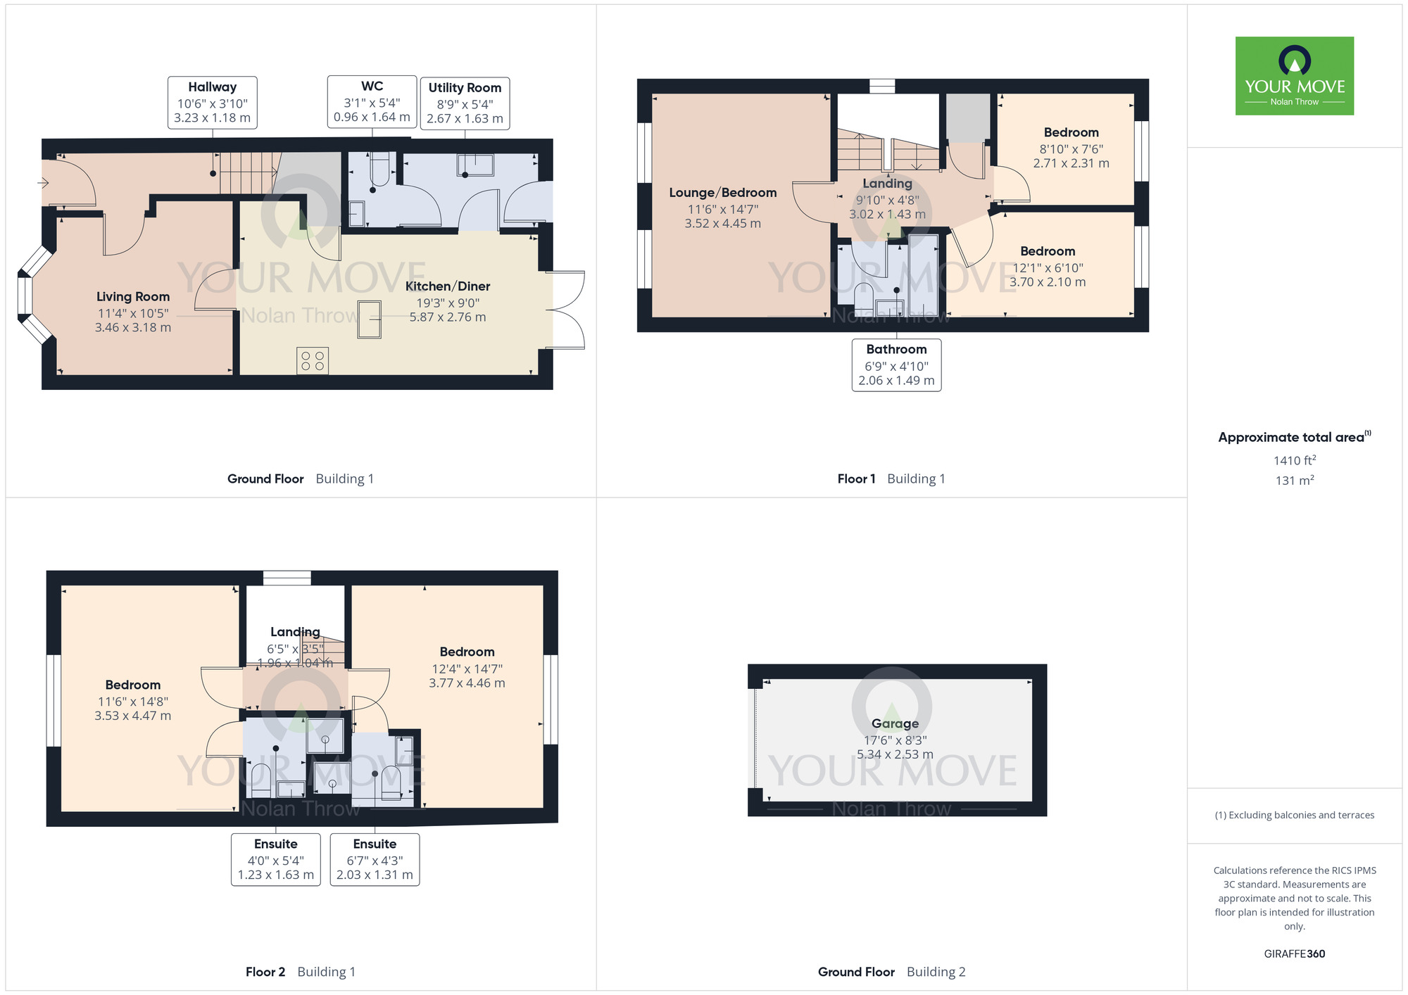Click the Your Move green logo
tap(1294, 76)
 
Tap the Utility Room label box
tap(465, 103)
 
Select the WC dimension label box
tap(372, 102)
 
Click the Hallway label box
tap(212, 103)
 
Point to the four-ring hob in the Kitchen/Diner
tap(313, 361)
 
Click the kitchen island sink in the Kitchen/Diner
tap(369, 319)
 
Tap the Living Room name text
tap(133, 297)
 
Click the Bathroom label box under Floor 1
tap(896, 365)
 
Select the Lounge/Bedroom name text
tap(722, 193)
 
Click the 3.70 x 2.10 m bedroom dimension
tap(1048, 282)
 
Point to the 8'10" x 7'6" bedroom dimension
tap(1071, 149)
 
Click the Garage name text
tap(895, 723)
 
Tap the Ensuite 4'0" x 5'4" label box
tap(276, 859)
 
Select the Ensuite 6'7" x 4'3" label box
tap(375, 859)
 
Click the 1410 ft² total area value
tap(1294, 460)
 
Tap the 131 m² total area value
tap(1294, 481)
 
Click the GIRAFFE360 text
tap(1294, 954)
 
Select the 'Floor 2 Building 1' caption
tap(301, 972)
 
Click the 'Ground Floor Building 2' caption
tap(891, 972)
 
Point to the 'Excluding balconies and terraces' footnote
tap(1294, 816)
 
